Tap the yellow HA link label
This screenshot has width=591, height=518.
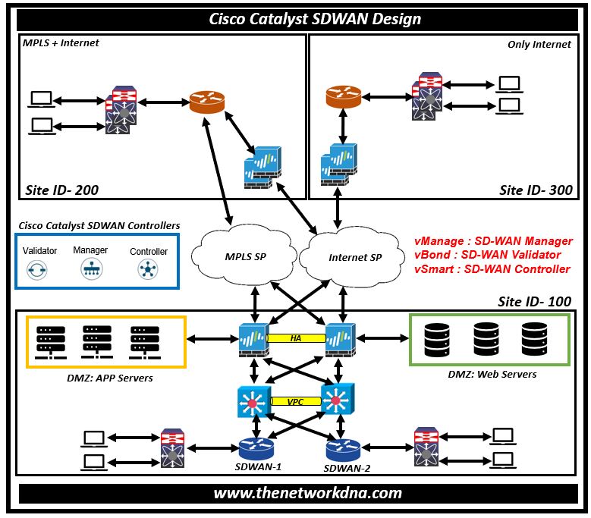click(x=294, y=338)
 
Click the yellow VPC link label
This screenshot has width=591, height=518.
click(x=296, y=402)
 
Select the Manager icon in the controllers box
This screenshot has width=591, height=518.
click(x=90, y=268)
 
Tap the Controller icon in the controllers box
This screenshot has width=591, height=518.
click(x=148, y=268)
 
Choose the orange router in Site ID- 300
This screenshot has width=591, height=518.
click(x=344, y=97)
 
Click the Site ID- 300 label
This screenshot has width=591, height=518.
click(x=536, y=190)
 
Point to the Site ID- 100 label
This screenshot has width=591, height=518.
click(x=534, y=301)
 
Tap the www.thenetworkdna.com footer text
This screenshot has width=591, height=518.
click(x=307, y=493)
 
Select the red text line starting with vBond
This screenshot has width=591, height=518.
click(x=487, y=255)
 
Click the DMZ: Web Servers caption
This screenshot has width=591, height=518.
click(x=492, y=374)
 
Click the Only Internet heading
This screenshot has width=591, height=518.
click(x=539, y=45)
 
